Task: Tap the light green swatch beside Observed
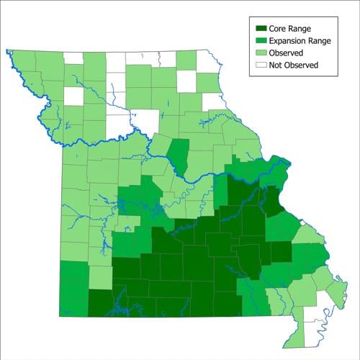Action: pyautogui.click(x=259, y=53)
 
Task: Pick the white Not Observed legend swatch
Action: pyautogui.click(x=259, y=65)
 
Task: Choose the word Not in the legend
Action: pyautogui.click(x=276, y=65)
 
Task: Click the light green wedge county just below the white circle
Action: pyautogui.click(x=307, y=235)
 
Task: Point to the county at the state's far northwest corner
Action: pyautogui.click(x=22, y=61)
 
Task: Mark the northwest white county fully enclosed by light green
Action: pyautogui.click(x=73, y=95)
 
